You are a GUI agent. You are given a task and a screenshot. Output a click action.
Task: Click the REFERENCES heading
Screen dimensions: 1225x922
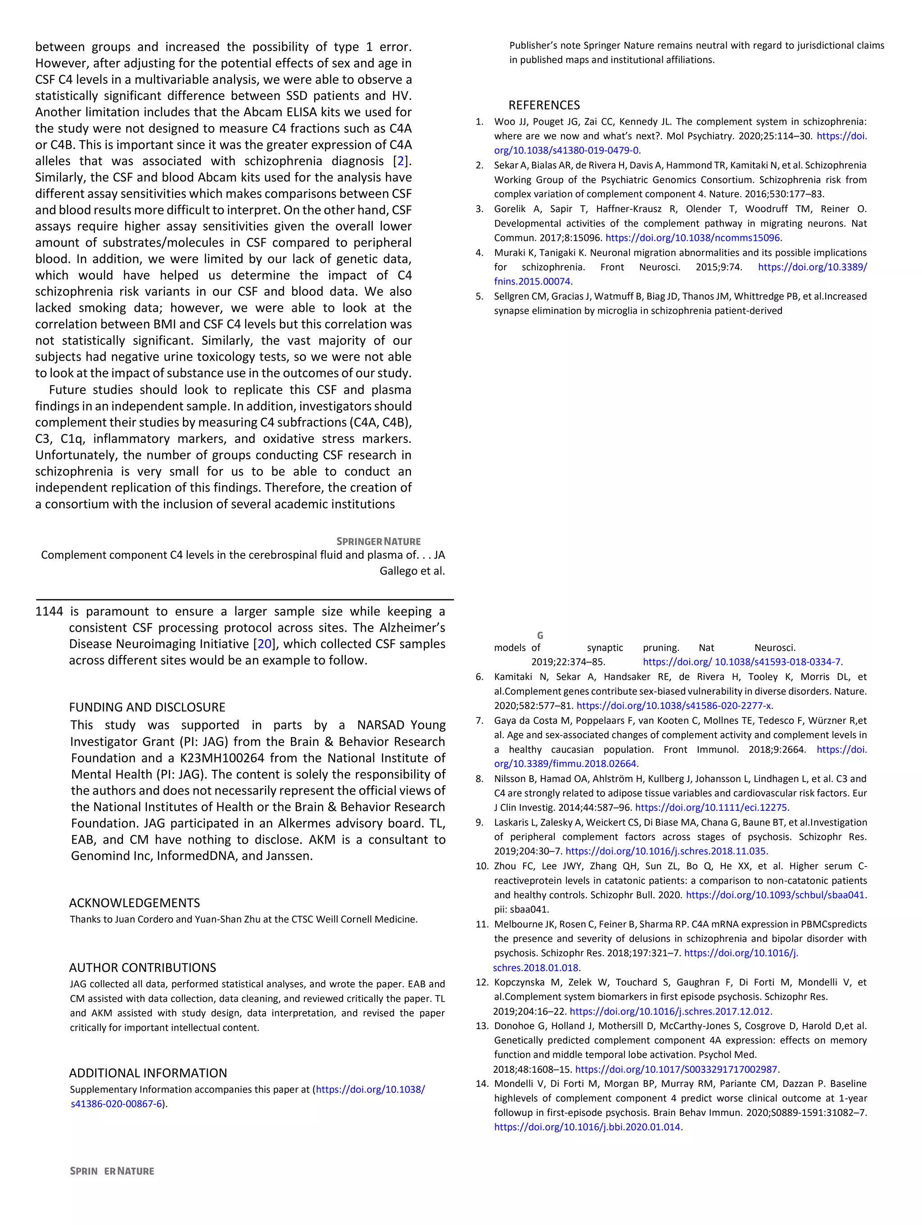click(x=544, y=105)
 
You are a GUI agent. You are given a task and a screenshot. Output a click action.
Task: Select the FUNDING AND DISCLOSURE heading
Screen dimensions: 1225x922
click(x=147, y=707)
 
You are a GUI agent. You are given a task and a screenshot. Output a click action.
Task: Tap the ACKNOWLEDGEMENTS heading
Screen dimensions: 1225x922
click(x=134, y=903)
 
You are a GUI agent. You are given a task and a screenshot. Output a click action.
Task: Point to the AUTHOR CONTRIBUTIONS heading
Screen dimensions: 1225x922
click(x=142, y=967)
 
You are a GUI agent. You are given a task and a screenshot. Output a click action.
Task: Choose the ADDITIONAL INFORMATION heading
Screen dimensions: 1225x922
click(x=148, y=1073)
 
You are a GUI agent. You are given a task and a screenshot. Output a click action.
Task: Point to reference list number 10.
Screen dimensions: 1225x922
click(x=481, y=866)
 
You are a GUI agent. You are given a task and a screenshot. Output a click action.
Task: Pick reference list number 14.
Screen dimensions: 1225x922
click(x=481, y=1084)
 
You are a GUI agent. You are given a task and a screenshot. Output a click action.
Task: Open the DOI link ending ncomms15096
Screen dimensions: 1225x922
click(x=693, y=238)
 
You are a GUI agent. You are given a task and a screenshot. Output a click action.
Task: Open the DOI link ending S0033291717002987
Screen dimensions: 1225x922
click(x=677, y=1069)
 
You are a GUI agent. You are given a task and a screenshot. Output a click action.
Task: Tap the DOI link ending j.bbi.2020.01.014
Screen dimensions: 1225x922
click(x=587, y=1127)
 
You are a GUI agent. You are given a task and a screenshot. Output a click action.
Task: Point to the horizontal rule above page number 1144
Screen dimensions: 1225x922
click(x=245, y=599)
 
